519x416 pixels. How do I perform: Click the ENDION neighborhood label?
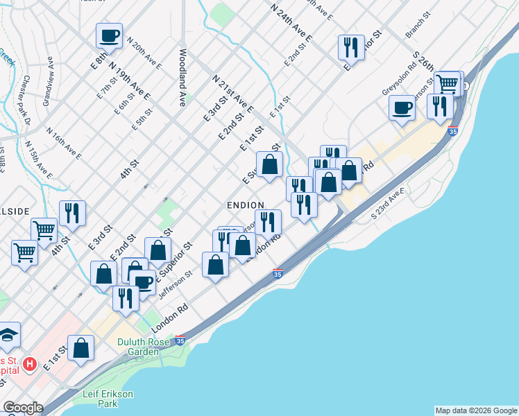tap(245, 205)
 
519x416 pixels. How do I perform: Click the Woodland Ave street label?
tap(183, 77)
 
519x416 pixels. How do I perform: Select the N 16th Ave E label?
tap(64, 143)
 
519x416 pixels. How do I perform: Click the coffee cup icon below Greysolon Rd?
tap(402, 107)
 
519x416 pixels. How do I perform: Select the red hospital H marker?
tap(30, 363)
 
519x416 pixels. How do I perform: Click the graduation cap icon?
tap(8, 335)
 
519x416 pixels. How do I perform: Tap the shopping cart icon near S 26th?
tap(447, 84)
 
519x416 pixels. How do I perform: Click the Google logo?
tap(23, 408)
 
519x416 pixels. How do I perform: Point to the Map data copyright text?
tap(476, 410)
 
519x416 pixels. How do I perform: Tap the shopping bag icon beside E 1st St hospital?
tap(81, 348)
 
